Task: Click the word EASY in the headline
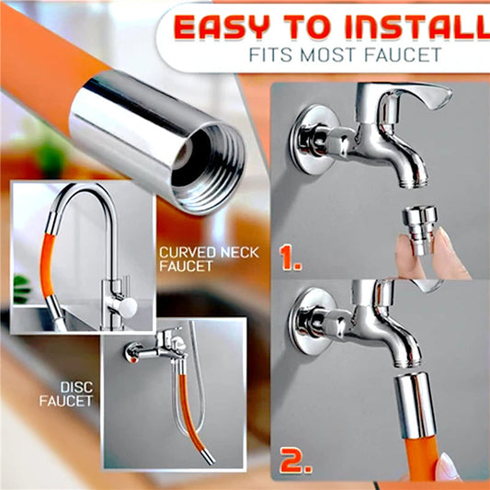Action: pos(222,27)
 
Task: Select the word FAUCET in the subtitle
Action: pos(403,54)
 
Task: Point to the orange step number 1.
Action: pos(290,257)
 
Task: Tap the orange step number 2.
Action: pos(295,460)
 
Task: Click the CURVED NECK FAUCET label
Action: pos(209,259)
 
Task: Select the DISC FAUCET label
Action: pos(66,394)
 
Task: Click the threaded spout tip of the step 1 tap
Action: pos(413,182)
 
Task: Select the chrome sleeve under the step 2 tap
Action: pos(416,405)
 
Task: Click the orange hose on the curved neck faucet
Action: pos(48,266)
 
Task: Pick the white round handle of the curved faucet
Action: pos(127,307)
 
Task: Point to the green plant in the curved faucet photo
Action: pos(21,289)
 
